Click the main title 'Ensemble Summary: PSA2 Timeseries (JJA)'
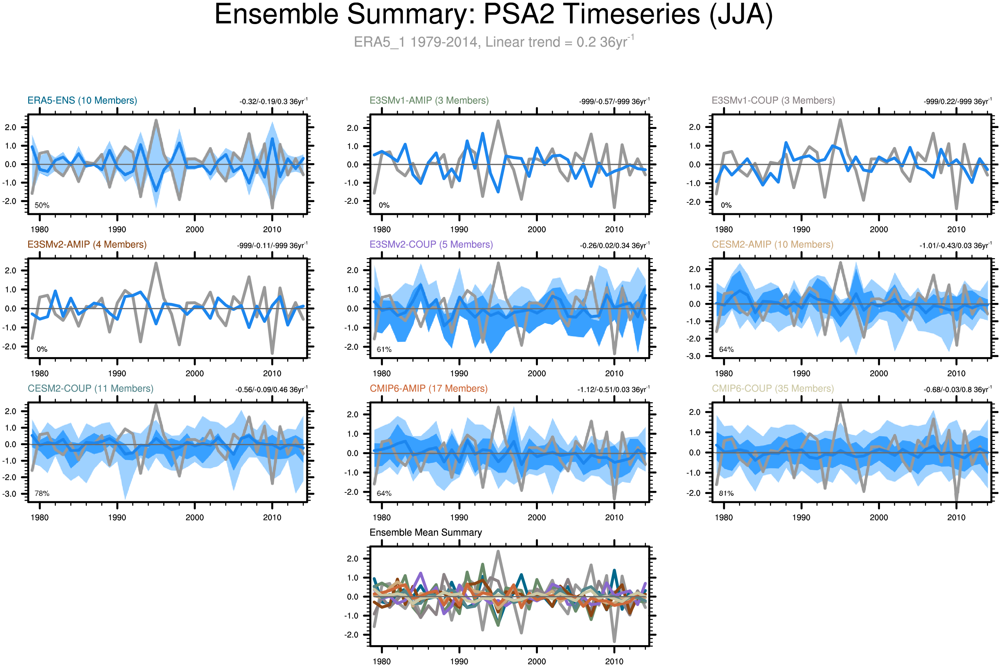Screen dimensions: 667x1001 coord(493,15)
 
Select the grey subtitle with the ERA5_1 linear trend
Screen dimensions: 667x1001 coord(493,42)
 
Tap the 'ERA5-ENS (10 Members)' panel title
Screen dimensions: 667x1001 coord(82,100)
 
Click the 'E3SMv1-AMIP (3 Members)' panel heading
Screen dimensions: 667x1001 coord(429,100)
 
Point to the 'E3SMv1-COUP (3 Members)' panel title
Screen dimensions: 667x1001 coord(773,100)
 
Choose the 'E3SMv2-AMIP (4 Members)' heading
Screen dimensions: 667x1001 coord(87,245)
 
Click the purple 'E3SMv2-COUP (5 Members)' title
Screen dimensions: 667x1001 coord(431,245)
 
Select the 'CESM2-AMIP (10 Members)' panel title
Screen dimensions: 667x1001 coord(772,245)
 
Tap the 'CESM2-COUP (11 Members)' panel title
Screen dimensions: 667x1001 coord(90,388)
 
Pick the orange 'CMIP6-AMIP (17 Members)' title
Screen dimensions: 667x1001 coord(428,388)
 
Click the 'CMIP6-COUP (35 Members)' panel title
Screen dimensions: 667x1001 coord(773,388)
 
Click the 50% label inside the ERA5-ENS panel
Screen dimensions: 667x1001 coord(42,205)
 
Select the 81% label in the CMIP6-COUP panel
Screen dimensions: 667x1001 coord(726,493)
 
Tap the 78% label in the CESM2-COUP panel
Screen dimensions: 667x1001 coord(42,493)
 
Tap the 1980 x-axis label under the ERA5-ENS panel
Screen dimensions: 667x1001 coord(40,230)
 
